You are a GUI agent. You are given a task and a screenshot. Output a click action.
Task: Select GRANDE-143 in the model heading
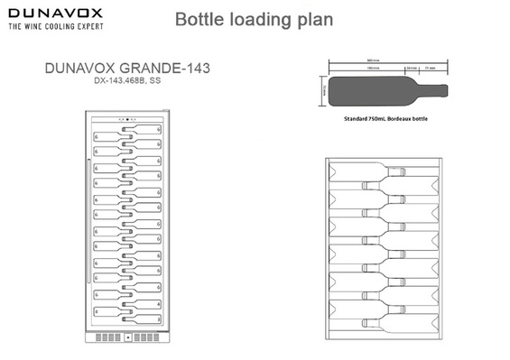(172, 68)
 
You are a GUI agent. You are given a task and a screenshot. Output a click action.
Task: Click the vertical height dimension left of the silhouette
(322, 90)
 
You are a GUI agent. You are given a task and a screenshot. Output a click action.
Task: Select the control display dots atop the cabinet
(128, 118)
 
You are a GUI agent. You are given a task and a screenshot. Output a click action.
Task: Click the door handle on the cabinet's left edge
(88, 171)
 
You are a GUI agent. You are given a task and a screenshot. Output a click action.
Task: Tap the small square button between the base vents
(128, 339)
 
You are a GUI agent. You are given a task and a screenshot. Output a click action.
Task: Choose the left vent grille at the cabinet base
(106, 339)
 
